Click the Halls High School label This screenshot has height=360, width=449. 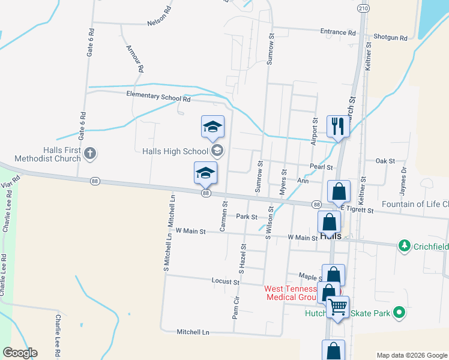pos(175,151)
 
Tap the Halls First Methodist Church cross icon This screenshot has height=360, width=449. pos(90,154)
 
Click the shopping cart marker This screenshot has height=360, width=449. pos(338,307)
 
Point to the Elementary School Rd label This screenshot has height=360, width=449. pos(158,96)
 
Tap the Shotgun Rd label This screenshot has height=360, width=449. pos(390,37)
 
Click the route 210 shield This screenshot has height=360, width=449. pos(362,8)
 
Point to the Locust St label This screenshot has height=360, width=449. pos(226,281)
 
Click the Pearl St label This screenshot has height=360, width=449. pos(321,167)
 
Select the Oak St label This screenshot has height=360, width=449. pos(385,161)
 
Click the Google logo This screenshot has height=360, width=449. pos(20,353)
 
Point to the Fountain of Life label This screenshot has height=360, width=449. pos(415,204)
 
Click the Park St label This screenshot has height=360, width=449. pos(246,217)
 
